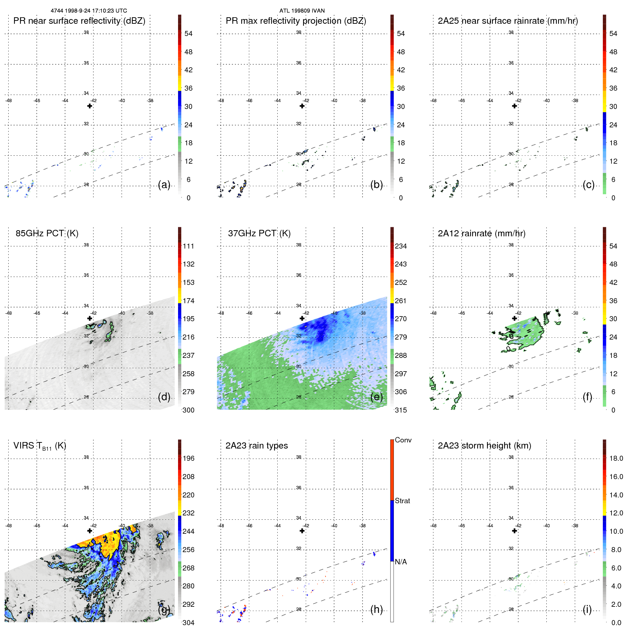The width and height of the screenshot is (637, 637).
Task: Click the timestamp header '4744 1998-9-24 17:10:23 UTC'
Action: (x=89, y=11)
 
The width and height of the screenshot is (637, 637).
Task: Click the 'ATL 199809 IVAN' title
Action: (x=302, y=11)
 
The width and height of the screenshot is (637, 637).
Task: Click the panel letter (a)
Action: (x=164, y=185)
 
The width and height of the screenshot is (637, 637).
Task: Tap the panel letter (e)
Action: (x=376, y=397)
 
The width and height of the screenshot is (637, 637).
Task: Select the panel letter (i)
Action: (x=587, y=609)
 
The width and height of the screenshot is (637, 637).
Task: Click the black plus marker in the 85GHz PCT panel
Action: (x=90, y=318)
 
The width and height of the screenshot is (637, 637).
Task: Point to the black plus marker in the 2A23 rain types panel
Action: (x=302, y=531)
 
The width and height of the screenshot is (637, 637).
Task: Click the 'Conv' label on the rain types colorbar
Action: (x=403, y=440)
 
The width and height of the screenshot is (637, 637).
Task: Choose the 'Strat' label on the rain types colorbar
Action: (x=402, y=501)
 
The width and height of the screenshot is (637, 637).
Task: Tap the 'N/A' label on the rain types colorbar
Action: (x=401, y=562)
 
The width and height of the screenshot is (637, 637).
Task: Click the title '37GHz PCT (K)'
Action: (x=259, y=233)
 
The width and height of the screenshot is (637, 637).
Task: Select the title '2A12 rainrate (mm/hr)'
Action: (x=481, y=233)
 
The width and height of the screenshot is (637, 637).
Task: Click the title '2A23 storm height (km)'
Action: (x=484, y=446)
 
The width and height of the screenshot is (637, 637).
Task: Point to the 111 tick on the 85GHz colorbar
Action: (x=188, y=246)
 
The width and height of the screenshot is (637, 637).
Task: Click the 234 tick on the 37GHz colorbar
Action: (x=401, y=246)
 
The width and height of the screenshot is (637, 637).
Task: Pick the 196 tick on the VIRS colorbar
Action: (x=188, y=459)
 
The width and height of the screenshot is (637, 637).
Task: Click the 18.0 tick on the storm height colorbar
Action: (x=616, y=459)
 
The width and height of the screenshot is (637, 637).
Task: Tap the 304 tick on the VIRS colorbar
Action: (x=188, y=623)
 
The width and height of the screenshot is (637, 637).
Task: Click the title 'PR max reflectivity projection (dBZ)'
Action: (x=296, y=21)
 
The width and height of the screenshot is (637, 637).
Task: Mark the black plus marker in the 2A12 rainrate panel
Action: (x=514, y=318)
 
